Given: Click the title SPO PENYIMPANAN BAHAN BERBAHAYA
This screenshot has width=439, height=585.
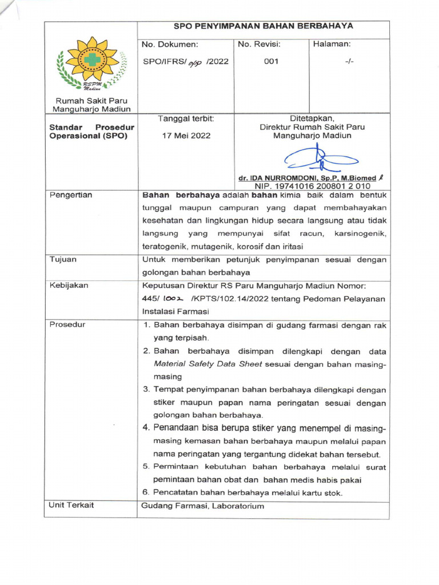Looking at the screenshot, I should tap(264, 26).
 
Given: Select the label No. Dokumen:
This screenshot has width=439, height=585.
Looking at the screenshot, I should tap(170, 44).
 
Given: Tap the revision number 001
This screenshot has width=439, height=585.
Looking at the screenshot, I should tap(271, 62).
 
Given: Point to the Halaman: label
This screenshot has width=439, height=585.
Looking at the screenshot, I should tap(332, 44).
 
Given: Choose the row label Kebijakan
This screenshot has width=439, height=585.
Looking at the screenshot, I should tap(68, 285).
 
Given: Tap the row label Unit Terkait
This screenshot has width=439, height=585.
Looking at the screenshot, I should tap(71, 505).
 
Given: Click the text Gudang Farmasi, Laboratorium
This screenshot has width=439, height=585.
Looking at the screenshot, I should tap(203, 506).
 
